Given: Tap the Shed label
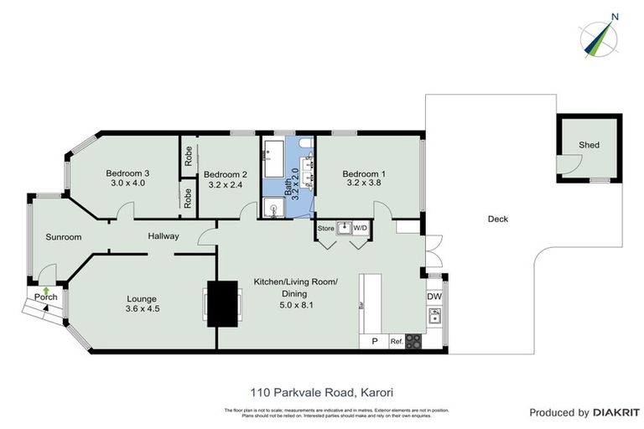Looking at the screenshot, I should [x=589, y=145].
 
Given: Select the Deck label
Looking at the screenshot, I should [x=497, y=220].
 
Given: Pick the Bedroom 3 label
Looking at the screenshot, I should [x=127, y=172].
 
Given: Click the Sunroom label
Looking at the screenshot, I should [x=64, y=237].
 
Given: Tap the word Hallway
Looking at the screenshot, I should [x=164, y=236].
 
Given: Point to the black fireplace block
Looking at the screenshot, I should [x=222, y=303].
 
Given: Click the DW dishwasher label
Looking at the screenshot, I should [x=434, y=296].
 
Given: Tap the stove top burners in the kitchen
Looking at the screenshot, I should [x=413, y=341].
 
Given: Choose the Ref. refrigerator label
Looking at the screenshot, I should [x=396, y=341].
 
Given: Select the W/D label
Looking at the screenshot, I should [x=360, y=227].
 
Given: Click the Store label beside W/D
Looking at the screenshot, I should [x=325, y=227].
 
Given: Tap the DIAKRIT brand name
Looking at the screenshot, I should [x=618, y=412].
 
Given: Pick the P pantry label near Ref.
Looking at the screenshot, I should [x=374, y=341].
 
